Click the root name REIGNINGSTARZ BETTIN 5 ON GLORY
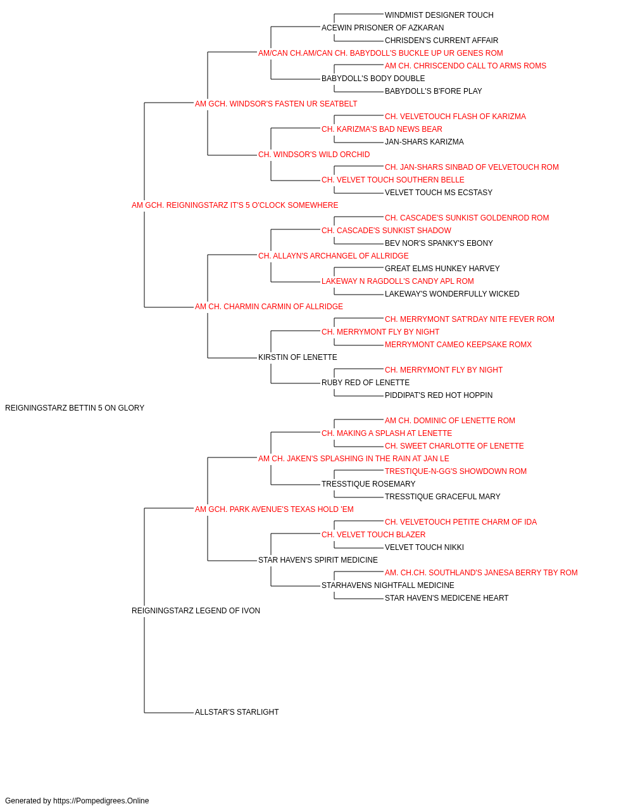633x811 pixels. click(x=75, y=408)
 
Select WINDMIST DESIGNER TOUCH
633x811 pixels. click(x=439, y=15)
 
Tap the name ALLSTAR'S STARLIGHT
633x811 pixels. click(x=237, y=712)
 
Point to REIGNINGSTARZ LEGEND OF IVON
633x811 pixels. click(x=196, y=611)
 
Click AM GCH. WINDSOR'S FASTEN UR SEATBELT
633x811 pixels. click(x=276, y=104)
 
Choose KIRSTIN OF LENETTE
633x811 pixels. click(x=298, y=357)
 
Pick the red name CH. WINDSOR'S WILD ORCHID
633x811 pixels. click(x=314, y=155)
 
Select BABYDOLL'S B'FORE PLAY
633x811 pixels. click(x=433, y=91)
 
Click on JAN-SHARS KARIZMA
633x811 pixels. click(x=424, y=142)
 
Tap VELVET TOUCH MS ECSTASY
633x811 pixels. click(x=439, y=193)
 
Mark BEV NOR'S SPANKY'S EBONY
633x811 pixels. click(x=439, y=243)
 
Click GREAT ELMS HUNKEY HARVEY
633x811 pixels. click(x=442, y=269)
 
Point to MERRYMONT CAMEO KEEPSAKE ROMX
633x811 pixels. click(x=458, y=345)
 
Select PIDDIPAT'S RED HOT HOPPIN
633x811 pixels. click(x=439, y=395)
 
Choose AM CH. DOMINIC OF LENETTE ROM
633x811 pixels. click(x=450, y=421)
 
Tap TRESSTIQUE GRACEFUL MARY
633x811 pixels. click(x=442, y=497)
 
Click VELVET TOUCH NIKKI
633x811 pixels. click(x=424, y=547)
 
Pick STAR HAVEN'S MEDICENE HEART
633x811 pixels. click(x=447, y=598)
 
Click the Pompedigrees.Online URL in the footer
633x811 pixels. click(x=101, y=801)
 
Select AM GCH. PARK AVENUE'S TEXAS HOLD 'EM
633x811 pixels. click(x=274, y=509)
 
